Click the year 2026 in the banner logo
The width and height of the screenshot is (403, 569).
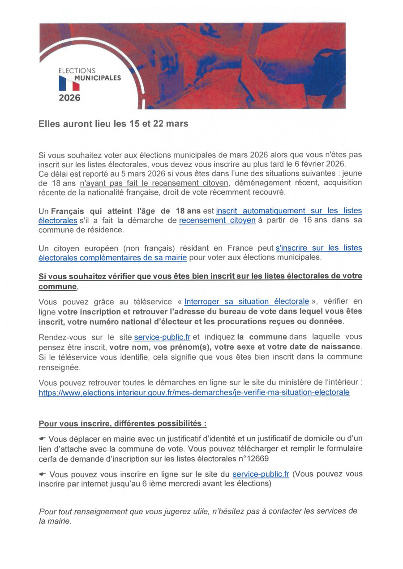pos(70,97)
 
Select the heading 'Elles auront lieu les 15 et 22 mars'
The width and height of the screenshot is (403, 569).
pos(113,124)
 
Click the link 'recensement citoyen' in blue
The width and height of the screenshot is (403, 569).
pos(217,220)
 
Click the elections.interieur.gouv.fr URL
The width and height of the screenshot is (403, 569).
pos(194,392)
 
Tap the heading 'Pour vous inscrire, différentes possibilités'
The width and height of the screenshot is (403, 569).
pos(122,423)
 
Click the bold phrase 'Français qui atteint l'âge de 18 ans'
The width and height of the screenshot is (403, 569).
pos(126,211)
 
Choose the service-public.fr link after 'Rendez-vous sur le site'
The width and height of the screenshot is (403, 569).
pos(162,337)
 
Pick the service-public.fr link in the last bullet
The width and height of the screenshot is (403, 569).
pos(261,474)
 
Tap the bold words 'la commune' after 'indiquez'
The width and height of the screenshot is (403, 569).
pos(262,337)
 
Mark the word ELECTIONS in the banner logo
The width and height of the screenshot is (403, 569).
pos(77,71)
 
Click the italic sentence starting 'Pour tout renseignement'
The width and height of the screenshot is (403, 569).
pos(198,516)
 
